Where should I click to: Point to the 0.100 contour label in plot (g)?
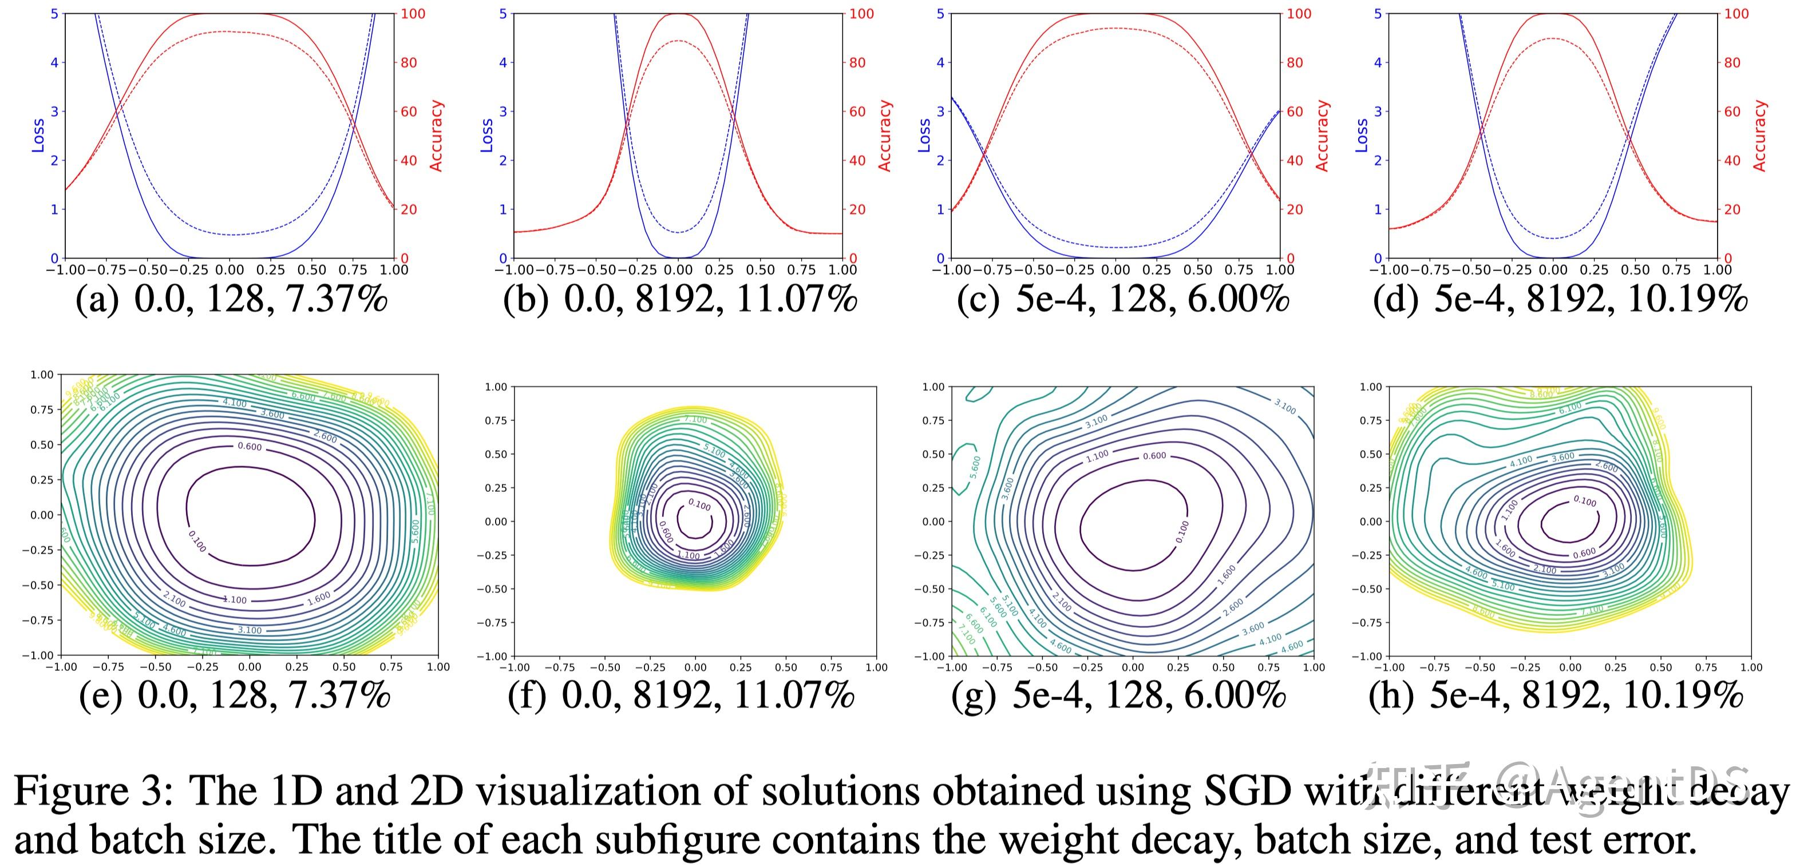(x=1182, y=532)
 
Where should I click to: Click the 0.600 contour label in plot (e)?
(x=250, y=446)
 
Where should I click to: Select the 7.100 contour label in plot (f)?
(x=695, y=420)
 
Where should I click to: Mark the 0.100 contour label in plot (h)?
(x=1585, y=500)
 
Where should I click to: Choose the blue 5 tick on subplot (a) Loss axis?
(x=54, y=13)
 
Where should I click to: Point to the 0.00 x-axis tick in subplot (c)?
(x=1115, y=270)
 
